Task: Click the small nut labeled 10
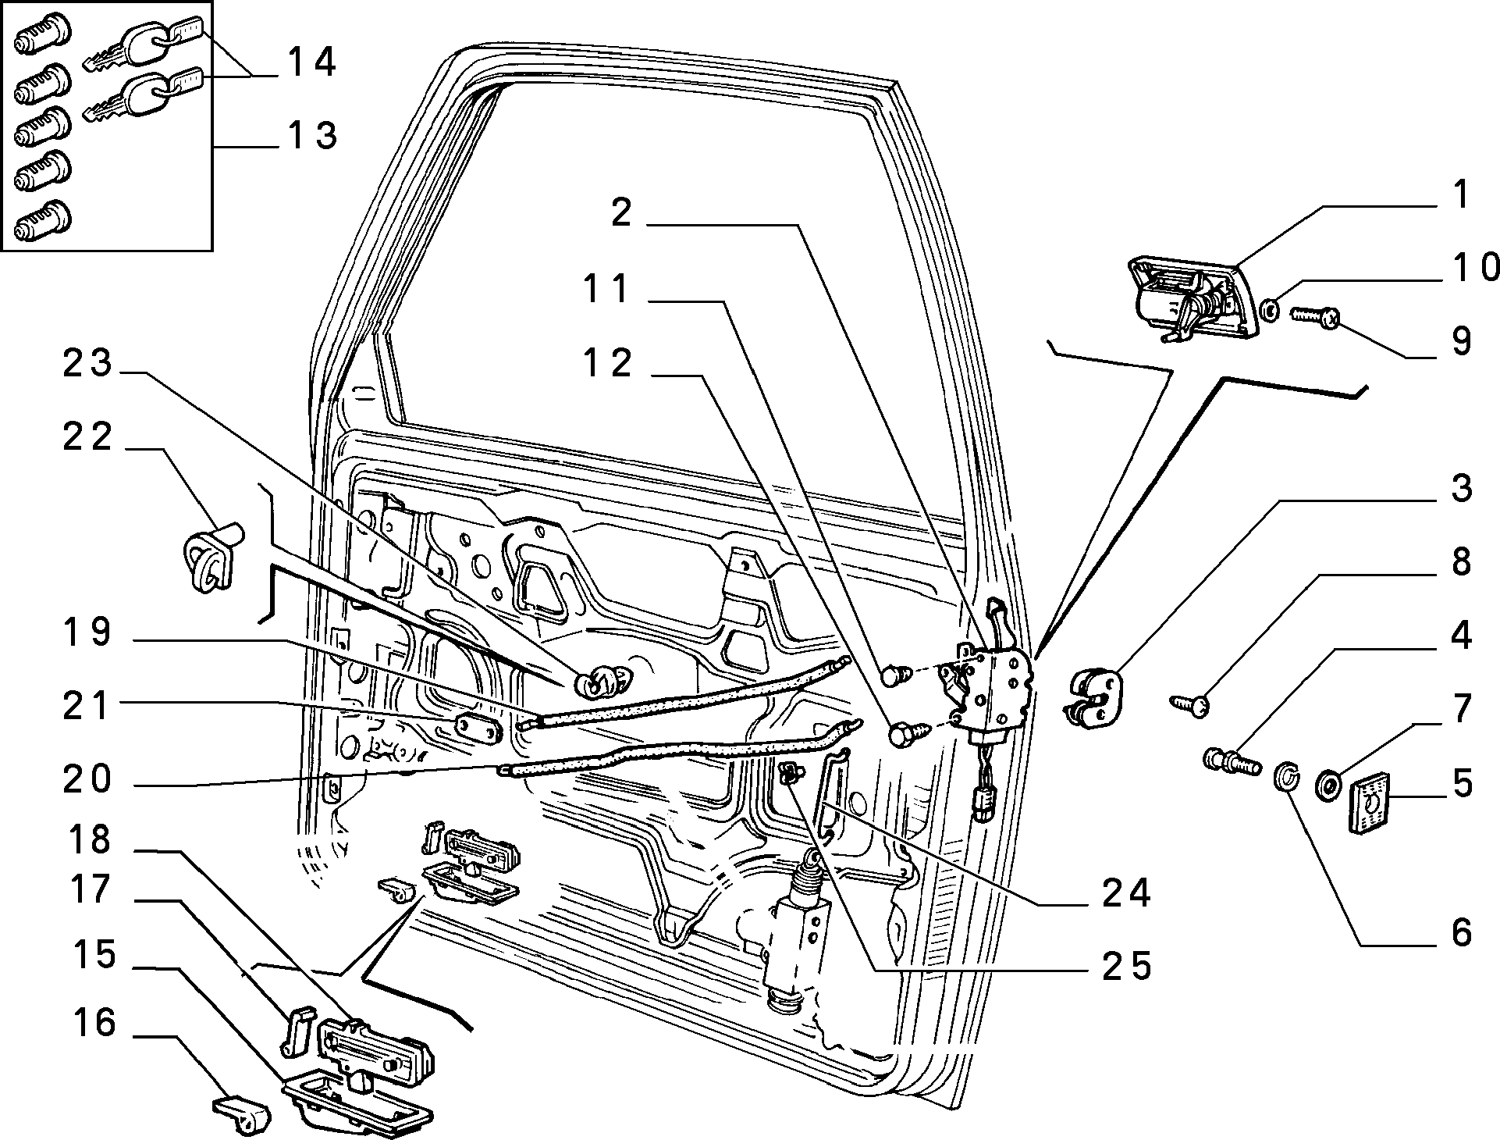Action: coord(1270,311)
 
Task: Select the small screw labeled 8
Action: coord(1189,705)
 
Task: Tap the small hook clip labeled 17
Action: coord(296,1029)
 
